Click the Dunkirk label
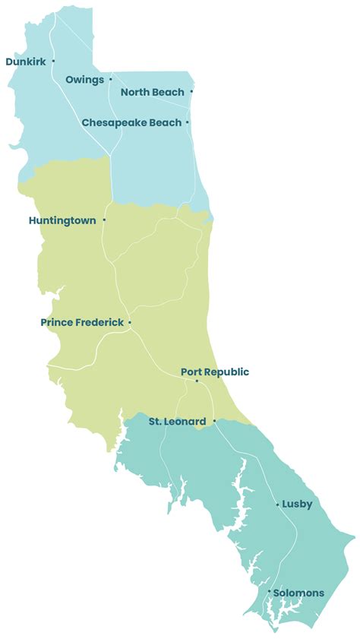(x=26, y=62)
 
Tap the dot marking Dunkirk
(x=53, y=62)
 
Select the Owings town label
(x=84, y=79)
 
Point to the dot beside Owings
(x=110, y=78)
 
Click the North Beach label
(x=152, y=92)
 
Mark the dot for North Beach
(x=191, y=92)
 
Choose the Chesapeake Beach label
(x=131, y=122)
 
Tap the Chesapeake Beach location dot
(x=188, y=122)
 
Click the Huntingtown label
(x=62, y=220)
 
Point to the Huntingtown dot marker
(x=104, y=220)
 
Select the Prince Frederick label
(x=82, y=322)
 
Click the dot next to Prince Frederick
(x=130, y=323)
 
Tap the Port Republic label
(x=215, y=372)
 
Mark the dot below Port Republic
(x=197, y=381)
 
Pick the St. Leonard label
(x=176, y=421)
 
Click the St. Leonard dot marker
(x=214, y=421)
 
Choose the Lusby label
(x=297, y=504)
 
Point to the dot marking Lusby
(x=276, y=504)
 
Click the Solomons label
(x=298, y=593)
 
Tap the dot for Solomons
(x=269, y=590)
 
